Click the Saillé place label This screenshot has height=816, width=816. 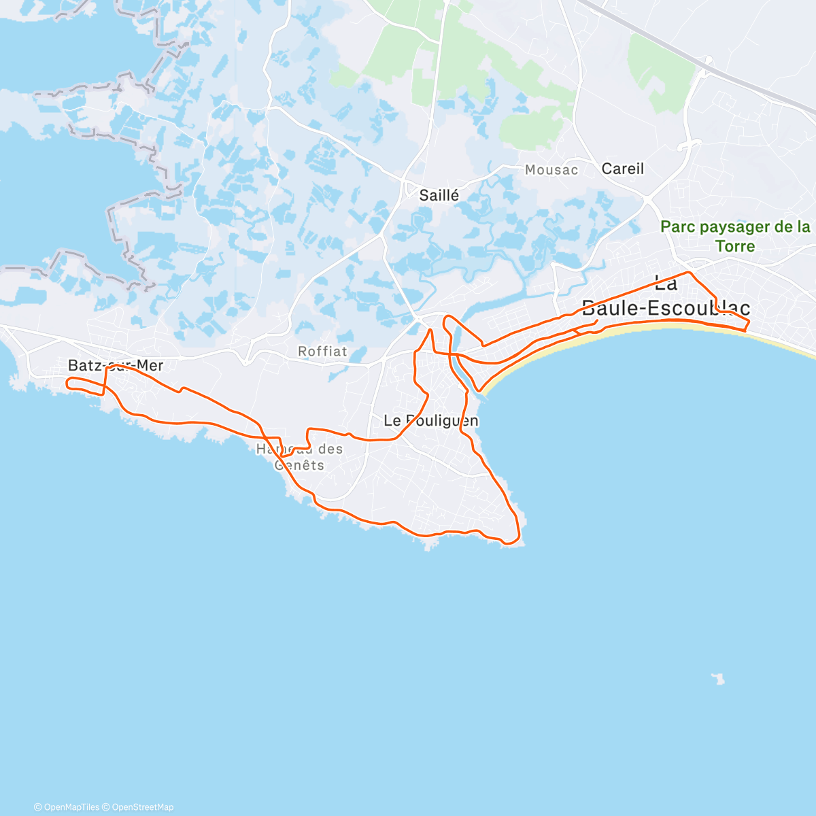pyautogui.click(x=439, y=196)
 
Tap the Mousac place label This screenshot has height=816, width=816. pyautogui.click(x=551, y=170)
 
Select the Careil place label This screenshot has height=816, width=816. pyautogui.click(x=622, y=169)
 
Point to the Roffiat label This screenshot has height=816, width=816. pyautogui.click(x=322, y=352)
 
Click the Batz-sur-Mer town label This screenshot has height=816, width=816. pyautogui.click(x=116, y=366)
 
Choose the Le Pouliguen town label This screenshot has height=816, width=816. pyautogui.click(x=431, y=421)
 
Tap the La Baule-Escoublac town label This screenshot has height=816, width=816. pyautogui.click(x=666, y=295)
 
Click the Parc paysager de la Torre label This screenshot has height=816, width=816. pyautogui.click(x=735, y=236)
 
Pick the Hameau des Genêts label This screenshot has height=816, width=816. pyautogui.click(x=299, y=457)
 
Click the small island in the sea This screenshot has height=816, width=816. pyautogui.click(x=717, y=678)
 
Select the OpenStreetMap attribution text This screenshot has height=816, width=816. pyautogui.click(x=142, y=807)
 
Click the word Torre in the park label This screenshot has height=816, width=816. pyautogui.click(x=735, y=245)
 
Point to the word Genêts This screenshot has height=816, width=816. pyautogui.click(x=299, y=466)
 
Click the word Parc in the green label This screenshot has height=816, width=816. pyautogui.click(x=677, y=227)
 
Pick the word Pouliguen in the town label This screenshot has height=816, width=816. pyautogui.click(x=441, y=421)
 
